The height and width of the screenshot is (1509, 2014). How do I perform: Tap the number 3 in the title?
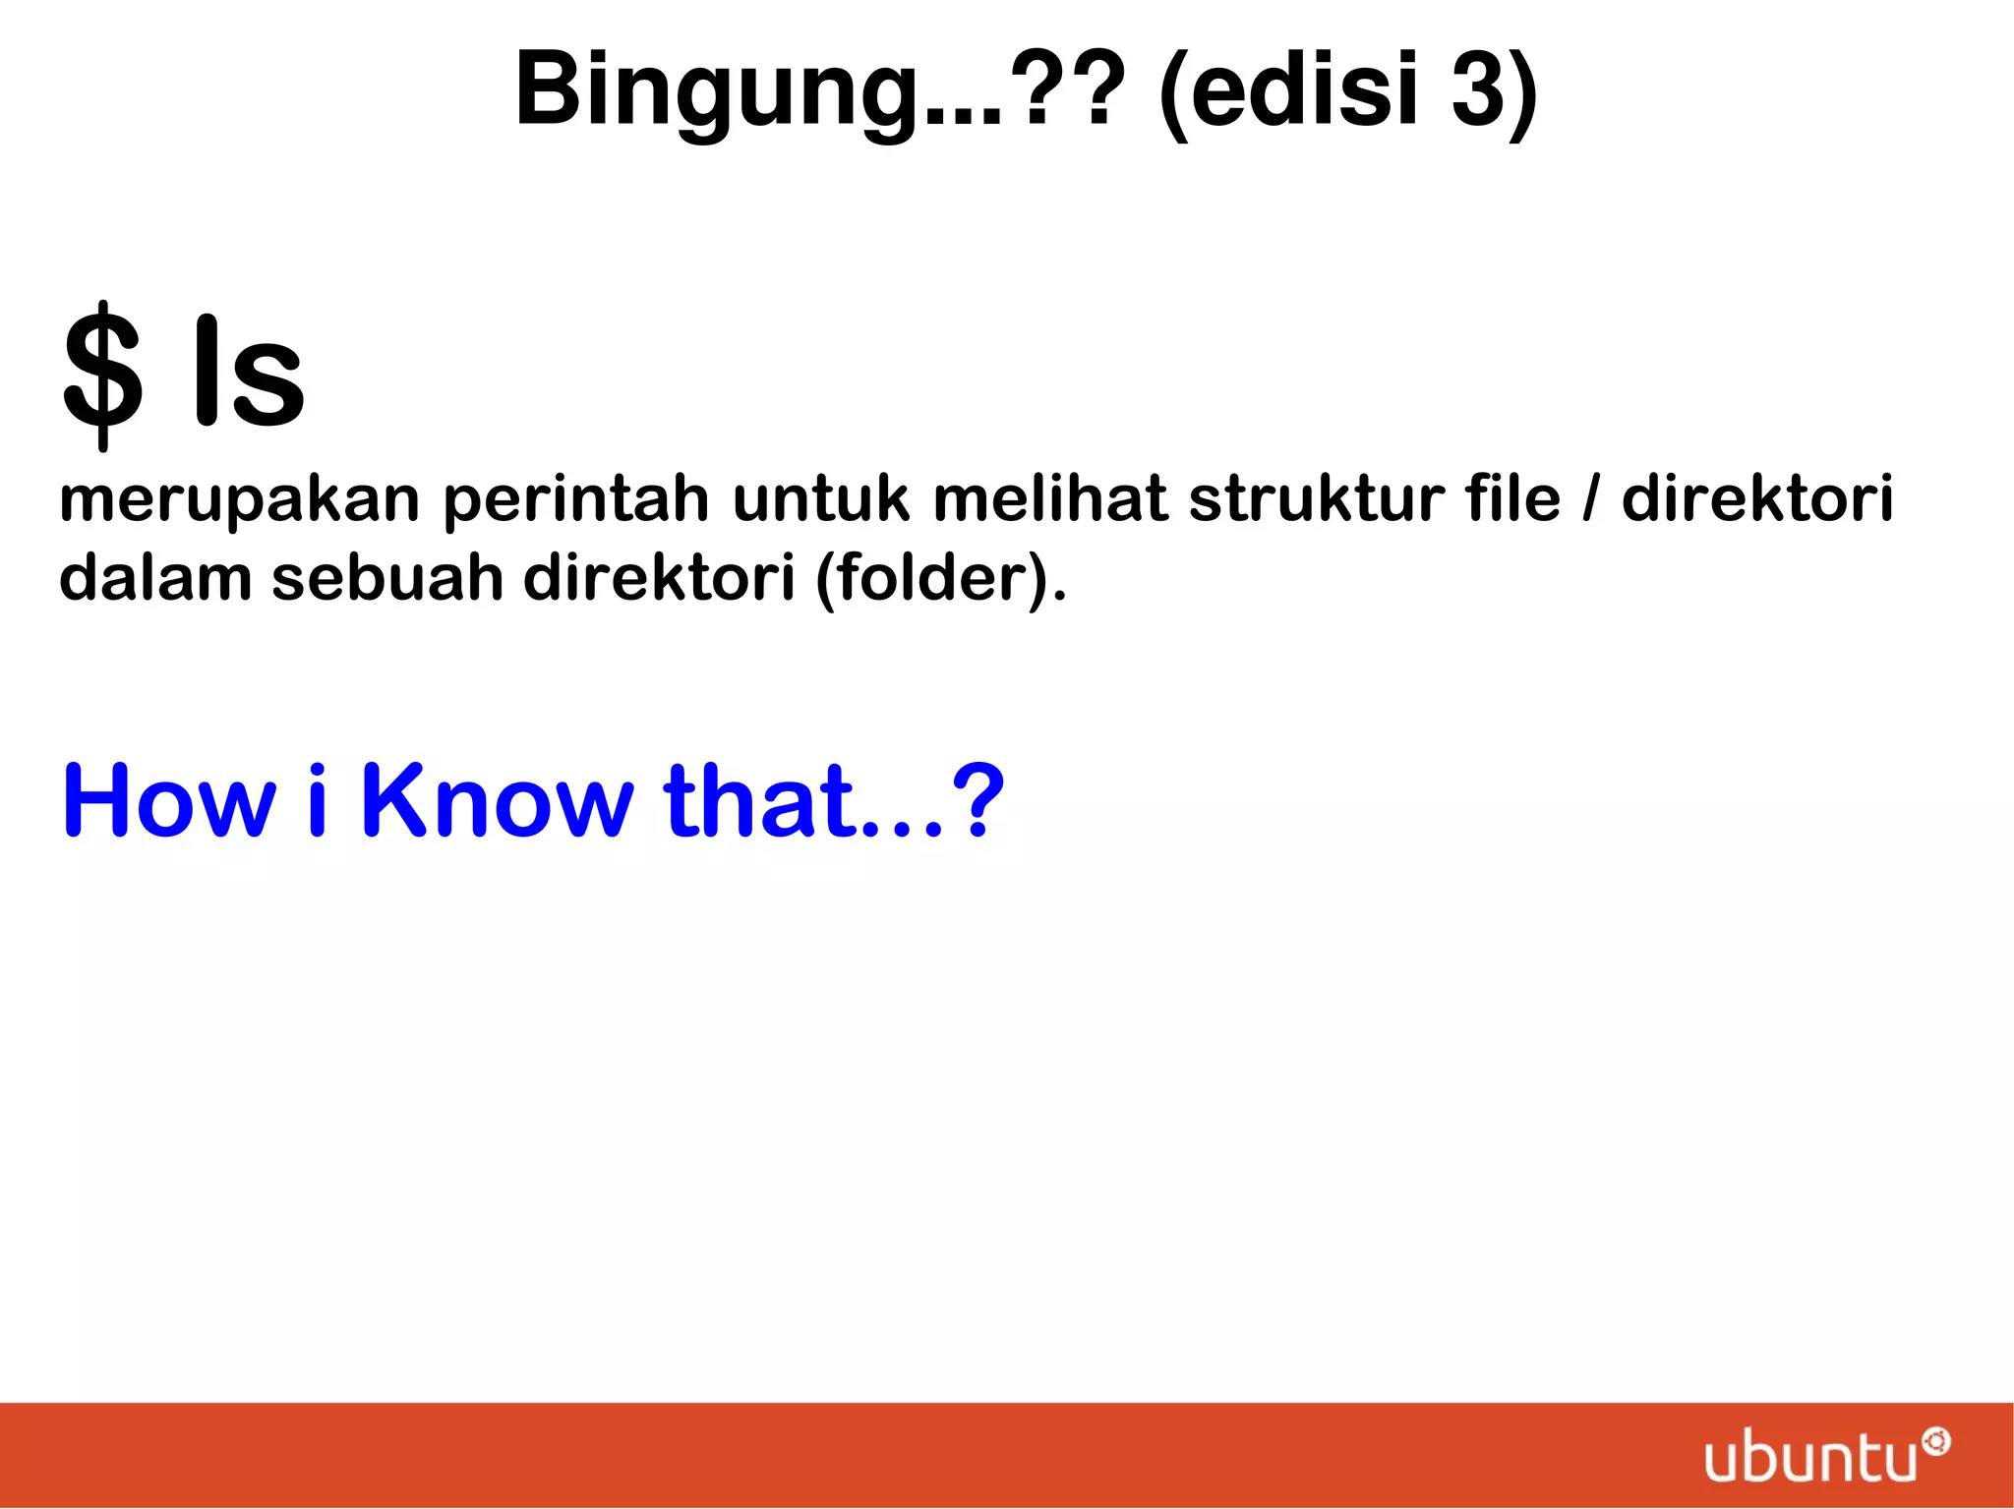point(1478,89)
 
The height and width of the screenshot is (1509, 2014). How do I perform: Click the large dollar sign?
point(102,375)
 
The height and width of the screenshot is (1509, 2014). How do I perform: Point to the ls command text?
point(249,375)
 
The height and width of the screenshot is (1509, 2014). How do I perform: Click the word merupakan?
point(240,498)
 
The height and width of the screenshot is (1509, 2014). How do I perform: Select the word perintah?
point(575,498)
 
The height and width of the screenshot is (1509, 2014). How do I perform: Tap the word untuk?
point(821,498)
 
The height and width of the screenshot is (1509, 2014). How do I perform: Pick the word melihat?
point(1049,498)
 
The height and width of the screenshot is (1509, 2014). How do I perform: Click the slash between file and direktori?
point(1590,498)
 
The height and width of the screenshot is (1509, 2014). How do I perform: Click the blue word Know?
point(498,800)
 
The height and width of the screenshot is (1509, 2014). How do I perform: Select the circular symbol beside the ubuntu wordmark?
point(1936,1442)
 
